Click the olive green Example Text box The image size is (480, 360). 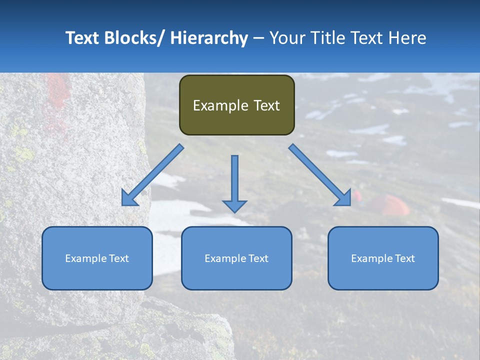click(x=236, y=105)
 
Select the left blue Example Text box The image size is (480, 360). click(x=97, y=258)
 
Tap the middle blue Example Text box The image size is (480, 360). click(x=236, y=258)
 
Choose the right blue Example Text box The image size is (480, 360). click(x=383, y=258)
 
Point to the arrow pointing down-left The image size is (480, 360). click(x=152, y=175)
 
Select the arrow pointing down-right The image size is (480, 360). click(x=320, y=175)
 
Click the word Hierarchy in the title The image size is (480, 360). click(x=209, y=38)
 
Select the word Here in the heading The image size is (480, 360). click(x=409, y=38)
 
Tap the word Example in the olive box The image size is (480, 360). click(x=220, y=105)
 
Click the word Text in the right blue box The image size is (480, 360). click(x=405, y=258)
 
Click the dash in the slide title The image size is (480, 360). click(x=258, y=38)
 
